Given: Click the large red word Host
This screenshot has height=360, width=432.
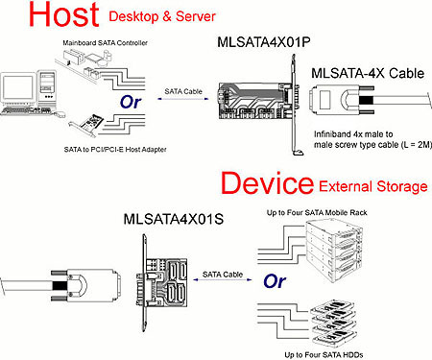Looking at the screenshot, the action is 64,14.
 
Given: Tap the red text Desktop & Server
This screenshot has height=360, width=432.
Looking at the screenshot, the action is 162,16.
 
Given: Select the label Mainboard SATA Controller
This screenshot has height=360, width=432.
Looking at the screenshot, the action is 105,43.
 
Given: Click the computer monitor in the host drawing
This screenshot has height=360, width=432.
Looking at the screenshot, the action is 18,88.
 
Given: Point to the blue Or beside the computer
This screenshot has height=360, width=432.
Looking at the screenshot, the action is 131,102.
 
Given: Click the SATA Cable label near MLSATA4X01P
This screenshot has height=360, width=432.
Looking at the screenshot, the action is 183,91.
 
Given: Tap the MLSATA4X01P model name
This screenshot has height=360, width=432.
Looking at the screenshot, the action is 264,42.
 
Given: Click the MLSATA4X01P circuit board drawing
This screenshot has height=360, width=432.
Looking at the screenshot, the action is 252,101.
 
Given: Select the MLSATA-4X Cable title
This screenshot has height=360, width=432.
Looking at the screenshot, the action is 368,74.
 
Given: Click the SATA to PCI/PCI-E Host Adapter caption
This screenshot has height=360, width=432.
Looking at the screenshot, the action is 115,150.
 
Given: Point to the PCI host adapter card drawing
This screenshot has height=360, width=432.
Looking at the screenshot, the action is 87,125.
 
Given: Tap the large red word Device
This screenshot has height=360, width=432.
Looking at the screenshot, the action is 267,182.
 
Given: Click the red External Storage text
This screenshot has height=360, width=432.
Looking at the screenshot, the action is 373,186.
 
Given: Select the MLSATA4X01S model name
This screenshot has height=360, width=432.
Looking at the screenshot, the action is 174,220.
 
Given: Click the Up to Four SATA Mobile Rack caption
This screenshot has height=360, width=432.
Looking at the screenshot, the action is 317,213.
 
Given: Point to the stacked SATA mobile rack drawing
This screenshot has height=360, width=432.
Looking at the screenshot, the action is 333,252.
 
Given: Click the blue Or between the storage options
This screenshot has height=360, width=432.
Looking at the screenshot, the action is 275,281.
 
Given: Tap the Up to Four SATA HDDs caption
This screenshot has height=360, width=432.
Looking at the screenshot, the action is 324,355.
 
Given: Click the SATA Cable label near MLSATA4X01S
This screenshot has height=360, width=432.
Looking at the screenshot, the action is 223,275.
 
